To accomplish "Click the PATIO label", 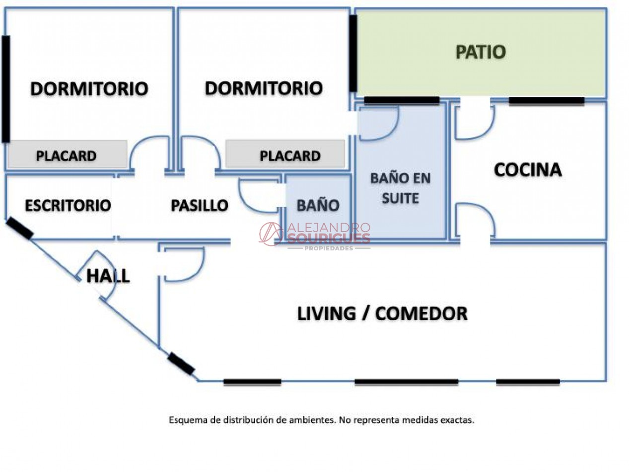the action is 481,52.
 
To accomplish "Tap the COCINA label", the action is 528,170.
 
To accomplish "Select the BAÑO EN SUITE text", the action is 400,188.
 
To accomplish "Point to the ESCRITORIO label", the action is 68,205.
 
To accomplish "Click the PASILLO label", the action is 200,205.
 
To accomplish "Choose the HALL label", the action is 108,276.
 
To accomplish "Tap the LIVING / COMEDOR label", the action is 382,314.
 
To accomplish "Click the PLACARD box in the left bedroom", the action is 68,154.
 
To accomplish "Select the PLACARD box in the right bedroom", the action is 285,154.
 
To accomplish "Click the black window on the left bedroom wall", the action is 6,89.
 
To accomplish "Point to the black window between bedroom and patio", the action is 353,53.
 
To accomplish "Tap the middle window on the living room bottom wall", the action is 406,382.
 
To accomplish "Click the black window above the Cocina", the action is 547,101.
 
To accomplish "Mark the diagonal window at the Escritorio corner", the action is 19,228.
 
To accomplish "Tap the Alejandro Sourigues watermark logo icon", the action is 270,234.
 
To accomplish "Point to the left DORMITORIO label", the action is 89,88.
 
